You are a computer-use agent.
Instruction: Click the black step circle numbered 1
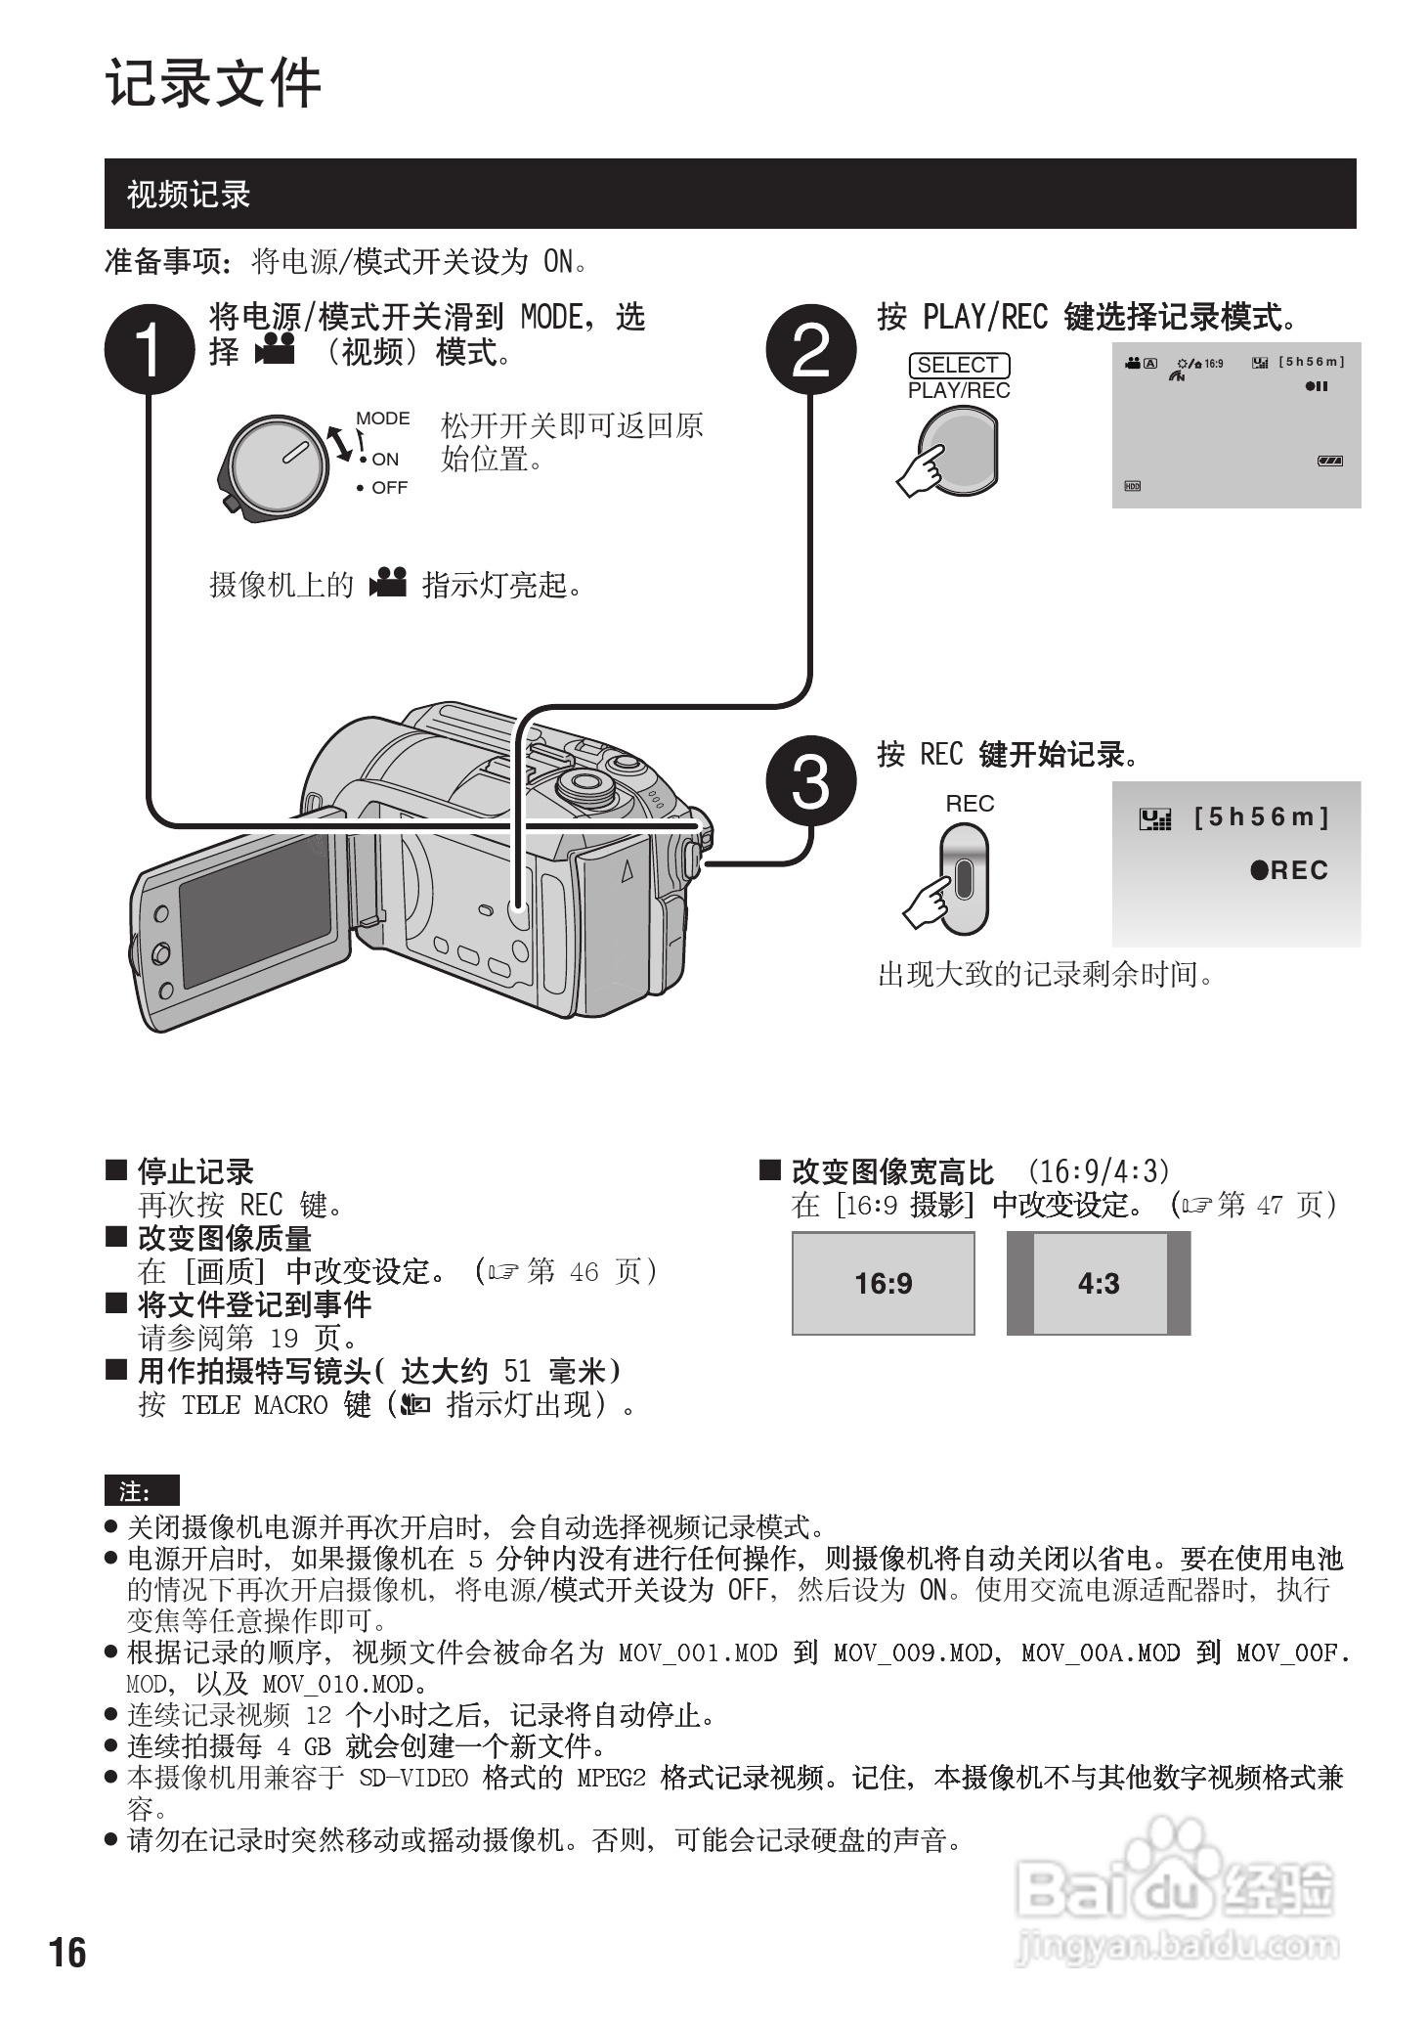pyautogui.click(x=149, y=350)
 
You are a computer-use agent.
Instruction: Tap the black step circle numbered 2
pyautogui.click(x=811, y=350)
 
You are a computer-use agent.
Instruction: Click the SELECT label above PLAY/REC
pyautogui.click(x=958, y=365)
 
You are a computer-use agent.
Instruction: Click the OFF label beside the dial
pyautogui.click(x=389, y=487)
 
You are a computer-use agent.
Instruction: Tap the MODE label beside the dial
pyautogui.click(x=382, y=419)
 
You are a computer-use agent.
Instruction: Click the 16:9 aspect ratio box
pyautogui.click(x=883, y=1283)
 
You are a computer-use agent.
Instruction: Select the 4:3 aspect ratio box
pyautogui.click(x=1099, y=1283)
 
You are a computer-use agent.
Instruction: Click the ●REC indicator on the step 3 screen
pyautogui.click(x=1289, y=870)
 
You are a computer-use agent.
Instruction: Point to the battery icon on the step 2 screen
pyautogui.click(x=1329, y=461)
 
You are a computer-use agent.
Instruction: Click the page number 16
pyautogui.click(x=67, y=1952)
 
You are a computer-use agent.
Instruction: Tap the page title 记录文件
pyautogui.click(x=213, y=83)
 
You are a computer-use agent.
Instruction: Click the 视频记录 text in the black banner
pyautogui.click(x=189, y=195)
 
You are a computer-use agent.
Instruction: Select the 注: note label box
pyautogui.click(x=142, y=1491)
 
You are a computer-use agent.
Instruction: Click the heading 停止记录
pyautogui.click(x=195, y=1171)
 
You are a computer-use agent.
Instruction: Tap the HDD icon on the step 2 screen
pyautogui.click(x=1132, y=486)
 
